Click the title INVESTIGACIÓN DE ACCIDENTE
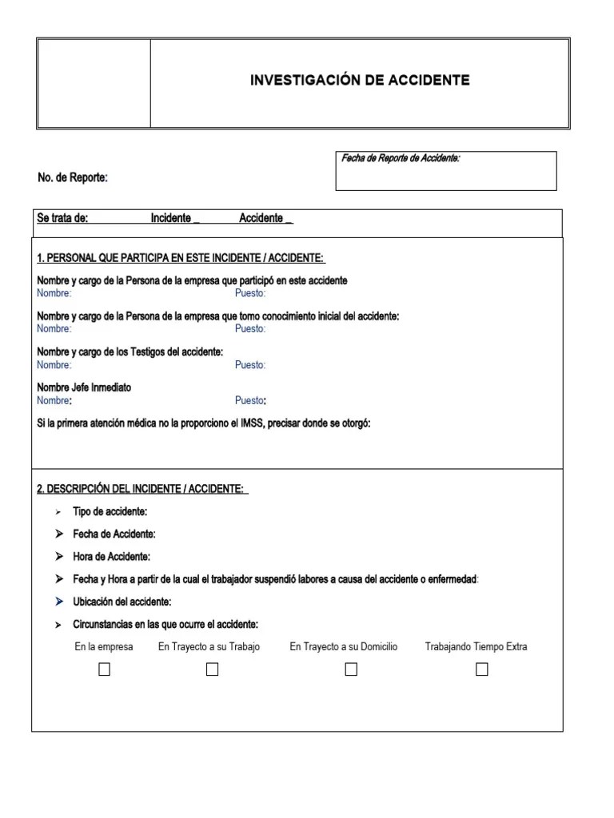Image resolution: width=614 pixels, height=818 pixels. click(360, 81)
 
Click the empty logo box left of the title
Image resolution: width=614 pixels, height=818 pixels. click(94, 83)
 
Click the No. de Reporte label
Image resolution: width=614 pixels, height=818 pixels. click(73, 177)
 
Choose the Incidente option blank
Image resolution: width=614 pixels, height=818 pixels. click(196, 219)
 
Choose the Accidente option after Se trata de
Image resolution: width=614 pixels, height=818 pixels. click(289, 219)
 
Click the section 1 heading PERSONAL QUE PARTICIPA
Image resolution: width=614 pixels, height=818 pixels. click(181, 259)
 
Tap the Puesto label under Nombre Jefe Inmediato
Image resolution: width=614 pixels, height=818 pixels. click(251, 401)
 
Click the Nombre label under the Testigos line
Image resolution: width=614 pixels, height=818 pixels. click(54, 365)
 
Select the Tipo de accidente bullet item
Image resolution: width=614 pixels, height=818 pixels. click(110, 511)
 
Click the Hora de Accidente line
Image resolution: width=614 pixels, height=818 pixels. click(111, 556)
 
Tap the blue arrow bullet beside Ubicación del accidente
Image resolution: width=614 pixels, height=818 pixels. click(59, 602)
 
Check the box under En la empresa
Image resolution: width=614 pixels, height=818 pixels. click(104, 670)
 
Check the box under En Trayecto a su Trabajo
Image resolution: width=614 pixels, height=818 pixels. click(212, 670)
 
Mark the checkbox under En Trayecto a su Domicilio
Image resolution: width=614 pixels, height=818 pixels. click(351, 670)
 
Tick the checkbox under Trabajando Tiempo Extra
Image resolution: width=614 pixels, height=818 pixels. click(481, 670)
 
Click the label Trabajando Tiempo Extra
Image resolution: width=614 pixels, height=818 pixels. click(476, 647)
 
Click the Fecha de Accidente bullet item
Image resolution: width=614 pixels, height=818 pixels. click(114, 534)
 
